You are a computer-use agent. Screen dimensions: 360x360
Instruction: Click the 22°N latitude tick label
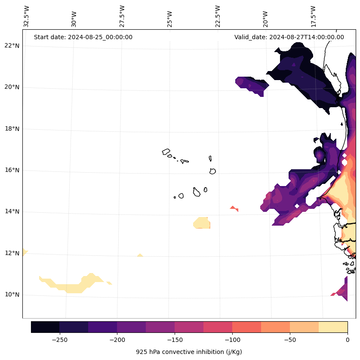[x=12, y=46]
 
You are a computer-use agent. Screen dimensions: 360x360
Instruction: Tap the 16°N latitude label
[x=12, y=170]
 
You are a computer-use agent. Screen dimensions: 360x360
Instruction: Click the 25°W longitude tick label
[x=170, y=18]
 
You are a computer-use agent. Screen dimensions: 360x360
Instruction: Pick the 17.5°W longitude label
[x=313, y=16]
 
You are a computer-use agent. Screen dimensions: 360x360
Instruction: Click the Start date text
[x=83, y=37]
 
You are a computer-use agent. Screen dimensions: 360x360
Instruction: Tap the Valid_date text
[x=289, y=37]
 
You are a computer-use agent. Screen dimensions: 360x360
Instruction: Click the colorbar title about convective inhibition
[x=189, y=352]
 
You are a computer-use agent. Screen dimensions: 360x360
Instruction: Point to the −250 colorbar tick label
[x=59, y=340]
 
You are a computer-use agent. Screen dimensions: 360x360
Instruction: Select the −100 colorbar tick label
[x=232, y=340]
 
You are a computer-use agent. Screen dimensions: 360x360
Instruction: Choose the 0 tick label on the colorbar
[x=348, y=340]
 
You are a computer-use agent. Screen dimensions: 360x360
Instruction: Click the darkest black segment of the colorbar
[x=45, y=327]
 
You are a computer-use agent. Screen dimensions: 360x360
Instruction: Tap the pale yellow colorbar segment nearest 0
[x=333, y=327]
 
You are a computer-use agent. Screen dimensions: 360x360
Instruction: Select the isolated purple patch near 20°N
[x=252, y=84]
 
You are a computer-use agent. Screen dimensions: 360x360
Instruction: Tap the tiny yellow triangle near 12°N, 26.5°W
[x=140, y=255]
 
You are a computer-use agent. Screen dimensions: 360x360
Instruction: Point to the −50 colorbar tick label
[x=290, y=340]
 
